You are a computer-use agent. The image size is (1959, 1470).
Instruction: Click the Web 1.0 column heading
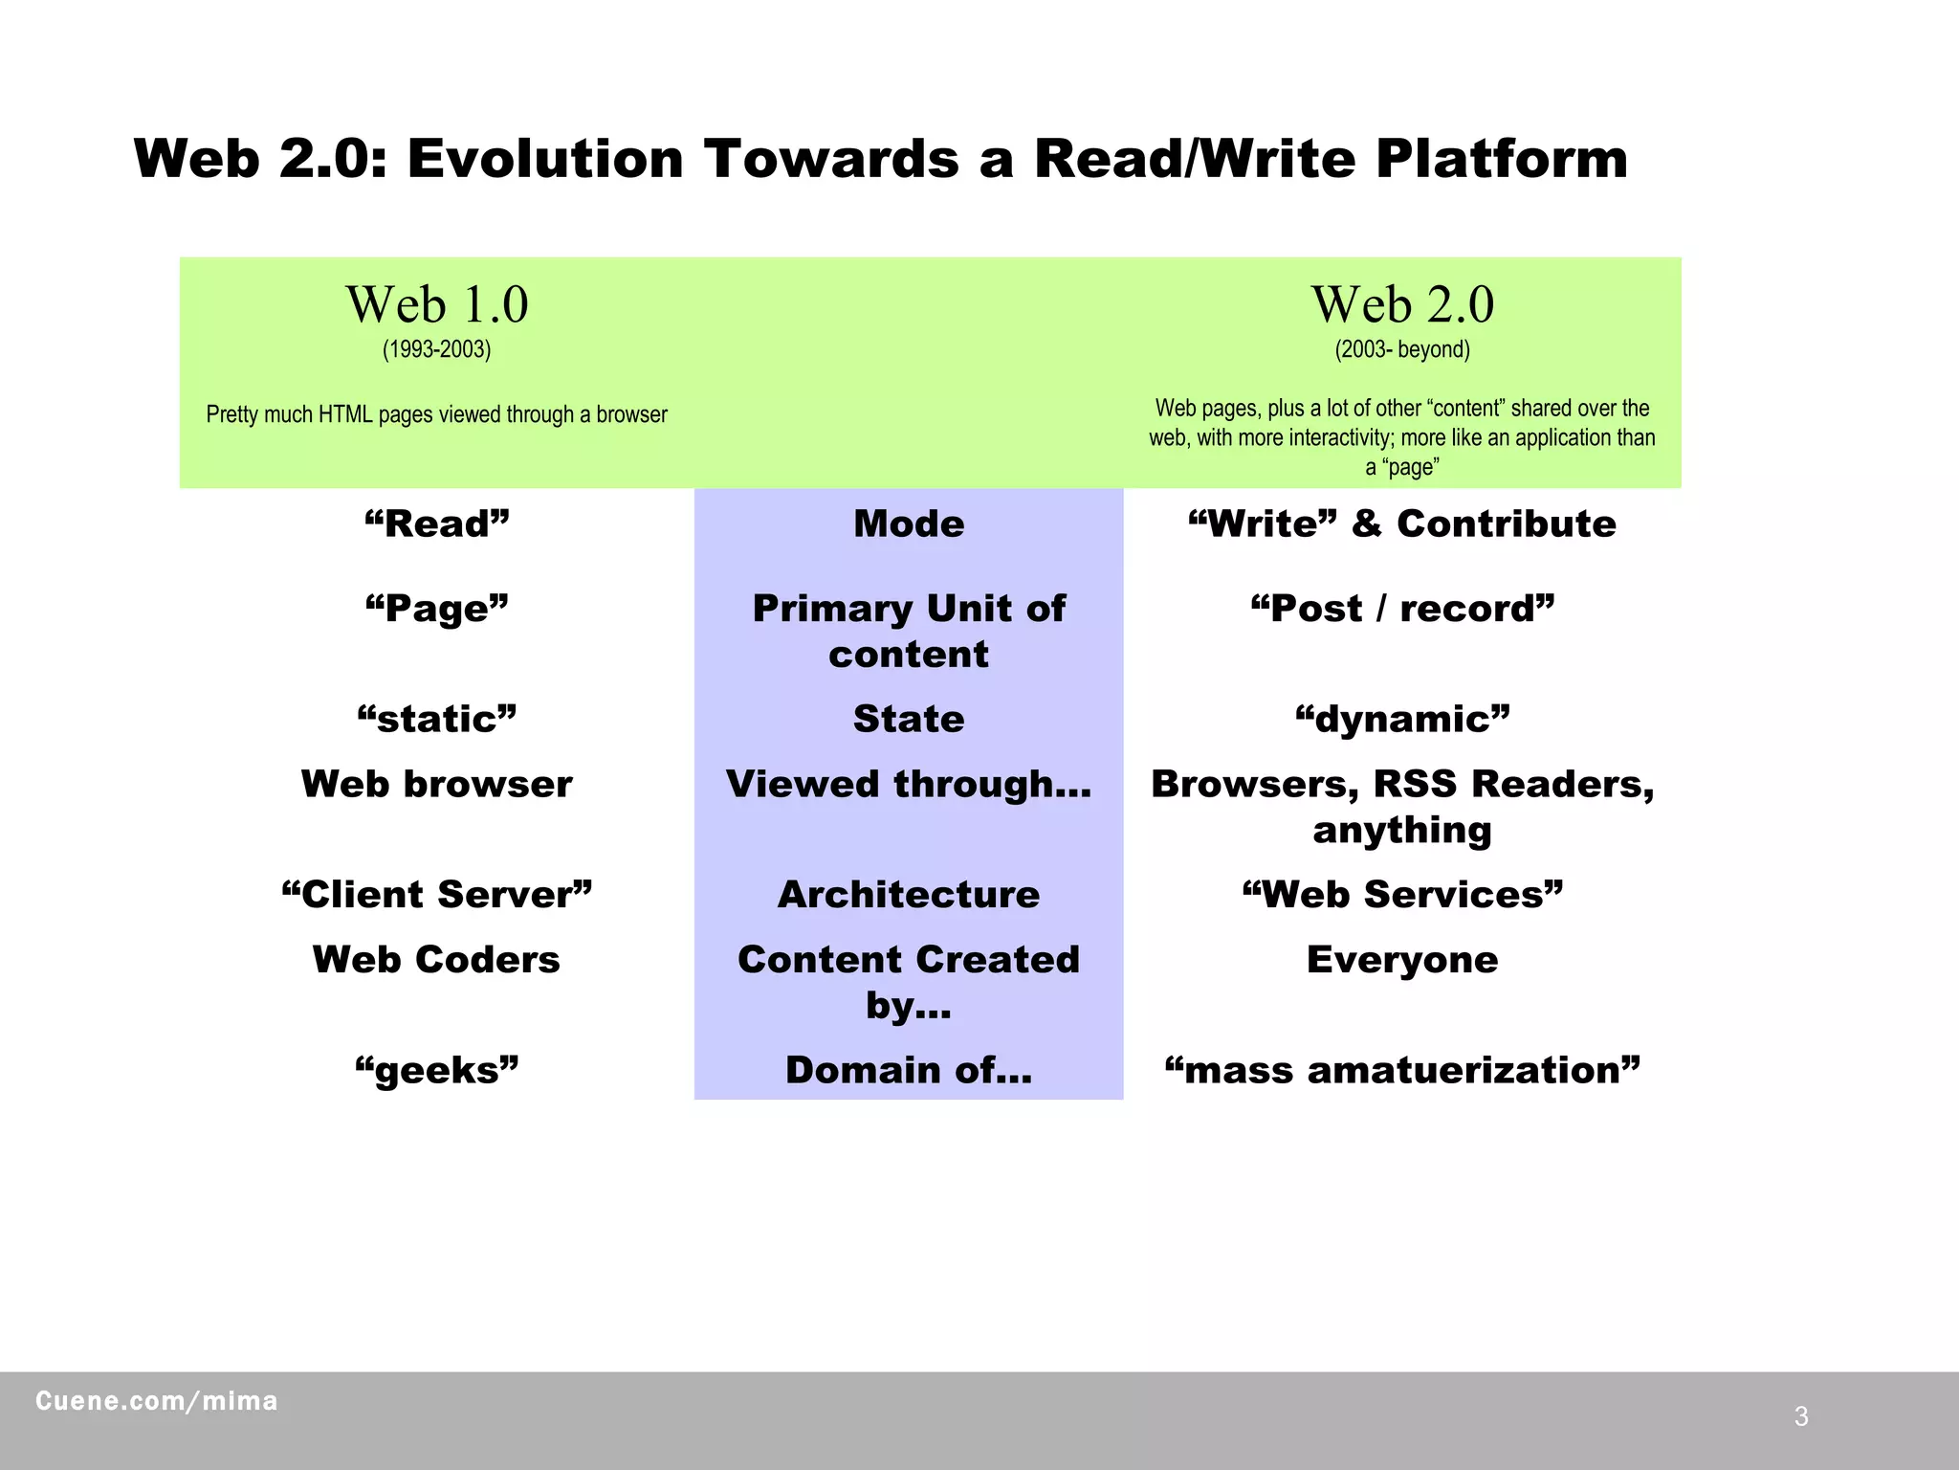pyautogui.click(x=437, y=305)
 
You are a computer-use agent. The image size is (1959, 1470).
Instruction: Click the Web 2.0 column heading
pyautogui.click(x=1402, y=305)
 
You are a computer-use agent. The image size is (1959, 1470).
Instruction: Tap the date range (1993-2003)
pyautogui.click(x=437, y=349)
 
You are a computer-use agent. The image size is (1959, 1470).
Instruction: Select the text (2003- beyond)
pyautogui.click(x=1402, y=349)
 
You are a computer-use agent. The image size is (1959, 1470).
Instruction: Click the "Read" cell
pyautogui.click(x=437, y=524)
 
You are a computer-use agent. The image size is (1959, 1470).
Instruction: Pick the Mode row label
pyautogui.click(x=909, y=524)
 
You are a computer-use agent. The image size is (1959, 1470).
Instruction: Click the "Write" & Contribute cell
pyautogui.click(x=1402, y=524)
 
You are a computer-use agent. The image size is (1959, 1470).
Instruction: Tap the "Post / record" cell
pyautogui.click(x=1402, y=609)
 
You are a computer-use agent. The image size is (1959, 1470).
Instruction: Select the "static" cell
pyautogui.click(x=437, y=719)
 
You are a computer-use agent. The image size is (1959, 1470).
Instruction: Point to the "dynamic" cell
pyautogui.click(x=1402, y=719)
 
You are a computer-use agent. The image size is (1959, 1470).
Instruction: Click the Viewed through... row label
pyautogui.click(x=909, y=784)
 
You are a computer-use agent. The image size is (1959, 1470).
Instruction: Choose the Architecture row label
pyautogui.click(x=909, y=895)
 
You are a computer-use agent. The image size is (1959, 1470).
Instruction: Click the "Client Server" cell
pyautogui.click(x=437, y=895)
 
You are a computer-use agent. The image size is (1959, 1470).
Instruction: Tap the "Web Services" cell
pyautogui.click(x=1402, y=895)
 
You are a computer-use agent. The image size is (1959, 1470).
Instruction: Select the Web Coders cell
pyautogui.click(x=437, y=960)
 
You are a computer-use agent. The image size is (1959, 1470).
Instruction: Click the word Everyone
pyautogui.click(x=1402, y=960)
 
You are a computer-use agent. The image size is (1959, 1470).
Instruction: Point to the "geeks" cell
pyautogui.click(x=437, y=1070)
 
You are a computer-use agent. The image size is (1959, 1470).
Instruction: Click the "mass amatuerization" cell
pyautogui.click(x=1402, y=1070)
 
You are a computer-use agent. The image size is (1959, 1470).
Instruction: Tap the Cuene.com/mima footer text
pyautogui.click(x=157, y=1401)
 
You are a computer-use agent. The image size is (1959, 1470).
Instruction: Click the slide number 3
pyautogui.click(x=1801, y=1416)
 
